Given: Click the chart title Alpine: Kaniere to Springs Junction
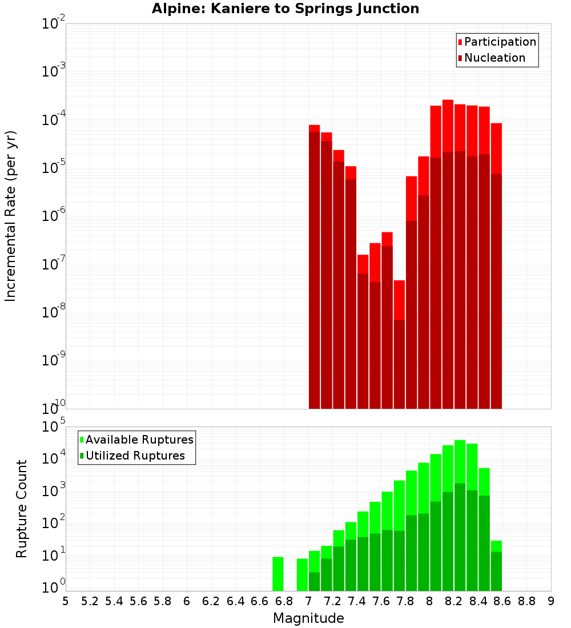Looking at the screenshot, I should [285, 9].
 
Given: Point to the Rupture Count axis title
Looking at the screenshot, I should [22, 508].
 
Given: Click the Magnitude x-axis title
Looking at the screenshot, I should [308, 618].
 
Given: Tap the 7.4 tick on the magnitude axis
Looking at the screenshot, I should [357, 601].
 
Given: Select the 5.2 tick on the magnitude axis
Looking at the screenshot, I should [90, 601].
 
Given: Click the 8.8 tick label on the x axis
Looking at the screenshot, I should [526, 601].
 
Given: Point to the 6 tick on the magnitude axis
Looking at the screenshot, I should [187, 601].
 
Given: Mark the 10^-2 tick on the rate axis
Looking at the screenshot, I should [54, 24].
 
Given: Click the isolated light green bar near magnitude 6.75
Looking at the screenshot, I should [278, 574].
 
